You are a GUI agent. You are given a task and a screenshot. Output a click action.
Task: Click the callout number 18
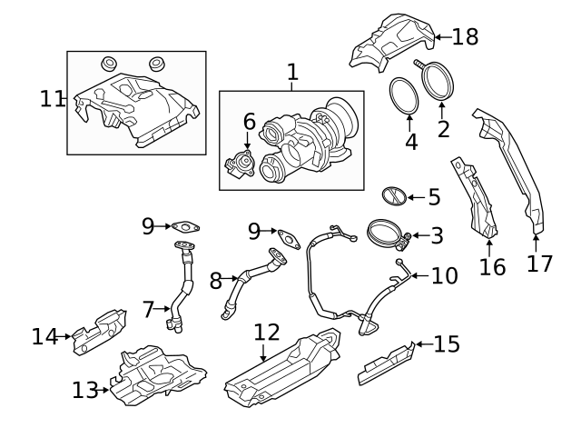[464, 36]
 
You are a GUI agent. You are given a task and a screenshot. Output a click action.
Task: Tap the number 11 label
[52, 98]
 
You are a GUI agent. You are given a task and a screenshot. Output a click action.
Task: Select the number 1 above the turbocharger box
[292, 71]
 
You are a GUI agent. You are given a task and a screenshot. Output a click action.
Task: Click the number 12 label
[266, 332]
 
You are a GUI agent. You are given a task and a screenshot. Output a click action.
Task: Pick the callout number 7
[149, 309]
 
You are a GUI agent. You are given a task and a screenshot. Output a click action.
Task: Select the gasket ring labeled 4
[402, 94]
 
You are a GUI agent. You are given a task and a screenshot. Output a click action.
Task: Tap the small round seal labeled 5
[391, 196]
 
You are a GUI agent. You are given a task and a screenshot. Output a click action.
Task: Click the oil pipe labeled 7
[185, 289]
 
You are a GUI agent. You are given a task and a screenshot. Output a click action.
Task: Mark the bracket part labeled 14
[100, 328]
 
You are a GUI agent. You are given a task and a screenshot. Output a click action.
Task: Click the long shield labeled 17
[513, 173]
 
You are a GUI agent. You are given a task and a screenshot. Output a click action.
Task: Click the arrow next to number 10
[413, 274]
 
